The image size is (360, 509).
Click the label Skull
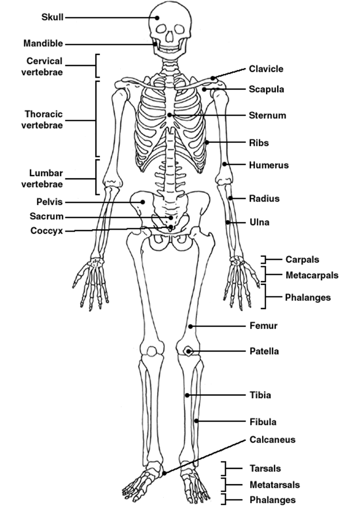click(x=53, y=17)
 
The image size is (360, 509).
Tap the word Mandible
click(x=43, y=43)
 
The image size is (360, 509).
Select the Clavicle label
click(x=266, y=69)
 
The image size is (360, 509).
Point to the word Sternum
click(x=268, y=115)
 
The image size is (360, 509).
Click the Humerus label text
click(x=269, y=165)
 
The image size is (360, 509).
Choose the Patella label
click(x=264, y=351)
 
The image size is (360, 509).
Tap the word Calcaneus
click(x=273, y=439)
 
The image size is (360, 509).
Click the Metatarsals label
click(x=275, y=485)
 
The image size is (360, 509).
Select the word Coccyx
click(x=47, y=231)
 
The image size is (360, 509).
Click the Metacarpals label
click(x=312, y=275)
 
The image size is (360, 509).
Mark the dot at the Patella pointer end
click(x=188, y=351)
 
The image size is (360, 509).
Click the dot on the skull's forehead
click(x=157, y=17)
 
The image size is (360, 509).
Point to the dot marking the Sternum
click(x=169, y=115)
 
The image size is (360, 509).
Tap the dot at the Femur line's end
click(x=191, y=326)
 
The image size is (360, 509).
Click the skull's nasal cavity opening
click(x=170, y=36)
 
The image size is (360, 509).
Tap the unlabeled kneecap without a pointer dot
click(x=151, y=351)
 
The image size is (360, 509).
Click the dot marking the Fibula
click(x=196, y=421)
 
